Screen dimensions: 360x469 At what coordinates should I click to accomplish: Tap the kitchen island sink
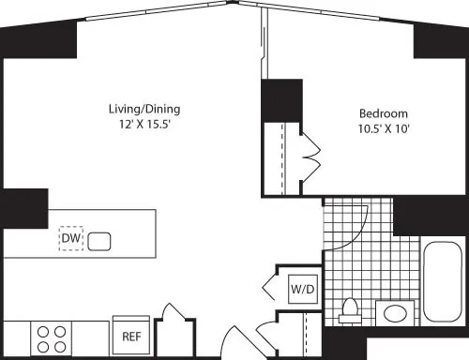click(x=100, y=241)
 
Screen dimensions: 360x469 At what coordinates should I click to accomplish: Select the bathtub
click(x=440, y=281)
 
